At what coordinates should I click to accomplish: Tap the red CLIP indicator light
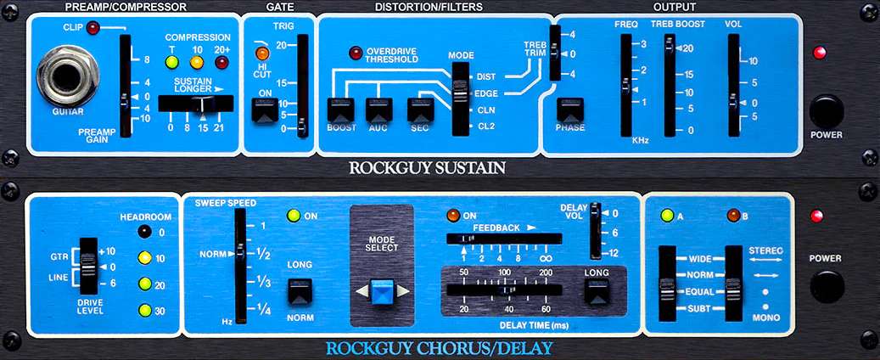pos(92,29)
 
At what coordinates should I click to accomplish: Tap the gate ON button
pos(264,110)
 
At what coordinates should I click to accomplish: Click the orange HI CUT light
pos(262,55)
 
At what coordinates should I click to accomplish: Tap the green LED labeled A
pos(667,216)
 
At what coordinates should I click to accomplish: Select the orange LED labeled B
pos(733,216)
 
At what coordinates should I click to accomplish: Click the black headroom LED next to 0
pos(145,231)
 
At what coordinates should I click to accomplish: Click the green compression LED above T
pos(171,61)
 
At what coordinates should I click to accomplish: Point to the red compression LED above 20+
pos(223,61)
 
